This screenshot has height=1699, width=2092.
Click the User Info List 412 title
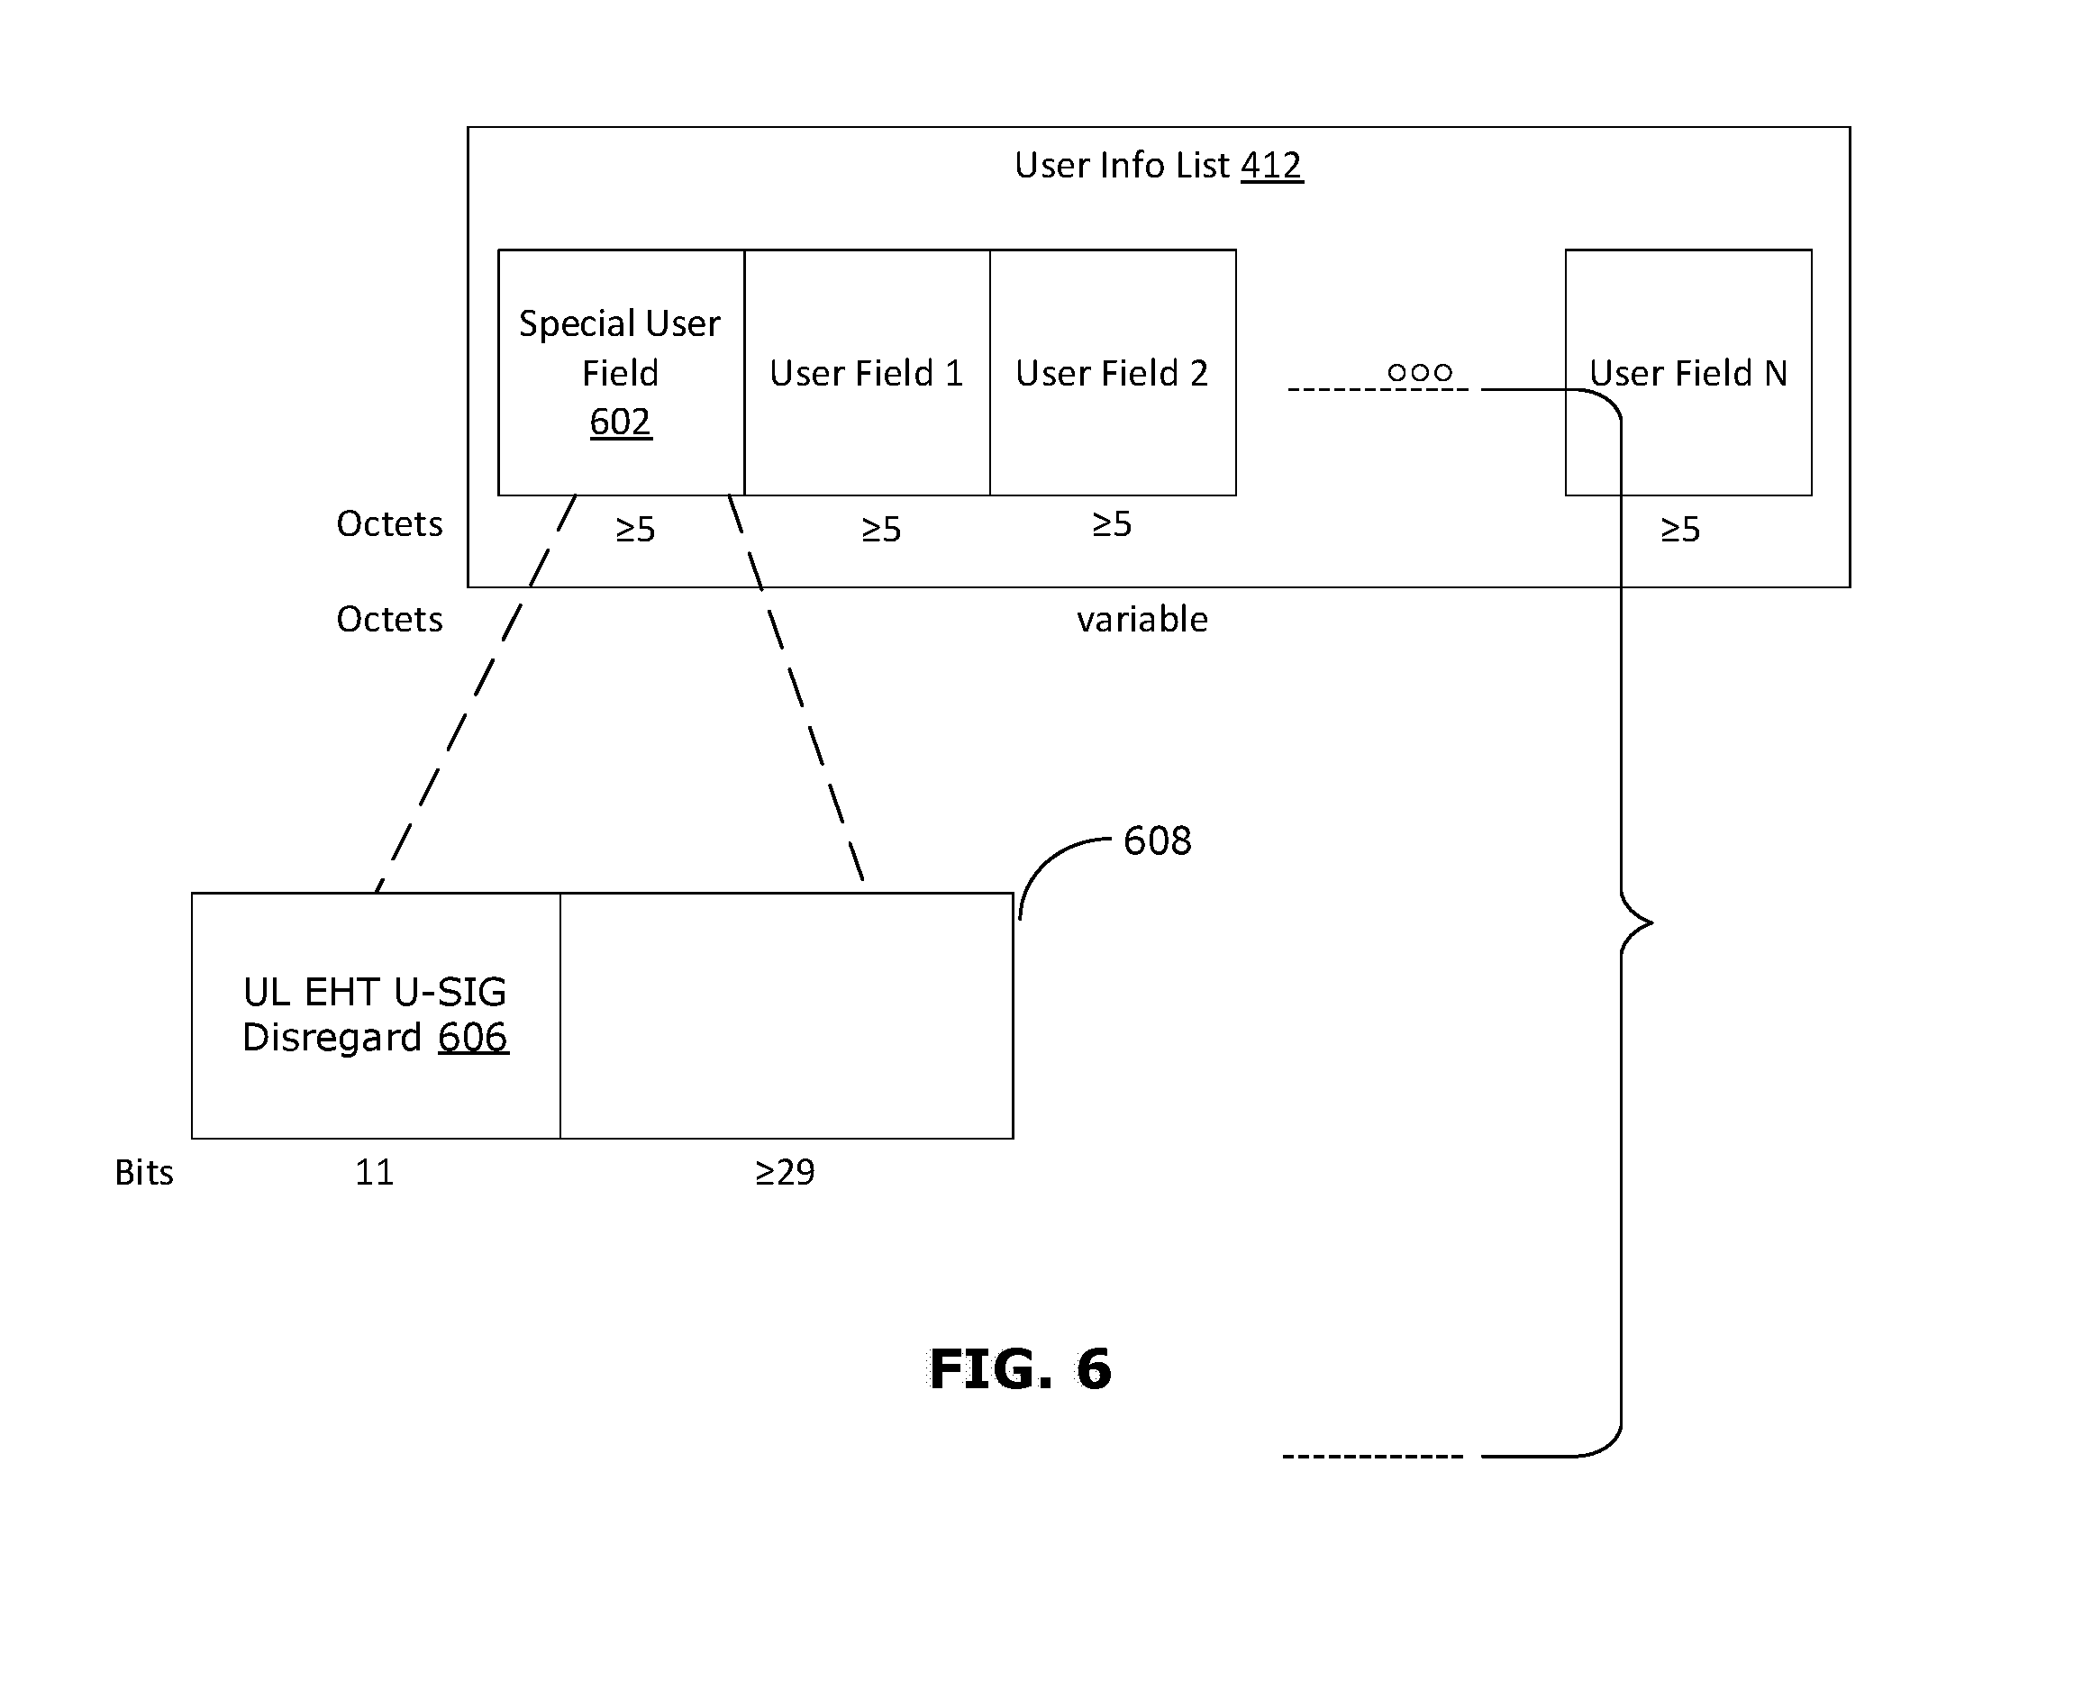[x=1158, y=166]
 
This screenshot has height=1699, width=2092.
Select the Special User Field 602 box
[x=621, y=373]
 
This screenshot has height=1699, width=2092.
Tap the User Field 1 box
[x=868, y=373]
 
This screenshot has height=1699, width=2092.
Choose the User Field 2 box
[x=1113, y=373]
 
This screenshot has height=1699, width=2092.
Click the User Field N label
[x=1687, y=373]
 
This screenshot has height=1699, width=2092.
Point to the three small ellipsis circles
[x=1420, y=372]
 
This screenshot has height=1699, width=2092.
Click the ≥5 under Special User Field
[x=635, y=530]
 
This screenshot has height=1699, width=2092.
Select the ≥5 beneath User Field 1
[x=881, y=530]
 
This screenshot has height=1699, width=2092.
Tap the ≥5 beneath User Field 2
[x=1112, y=524]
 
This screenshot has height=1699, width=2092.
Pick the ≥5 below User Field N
[x=1681, y=530]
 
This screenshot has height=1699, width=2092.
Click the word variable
[x=1142, y=620]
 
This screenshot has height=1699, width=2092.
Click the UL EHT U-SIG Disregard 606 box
[x=376, y=1016]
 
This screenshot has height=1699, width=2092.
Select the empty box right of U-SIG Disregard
[x=787, y=1016]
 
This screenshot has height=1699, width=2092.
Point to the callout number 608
[x=1157, y=840]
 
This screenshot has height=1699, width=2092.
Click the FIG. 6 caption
[x=1020, y=1368]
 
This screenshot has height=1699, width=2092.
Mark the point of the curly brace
[x=1652, y=922]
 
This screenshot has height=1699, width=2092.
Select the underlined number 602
[x=621, y=422]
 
